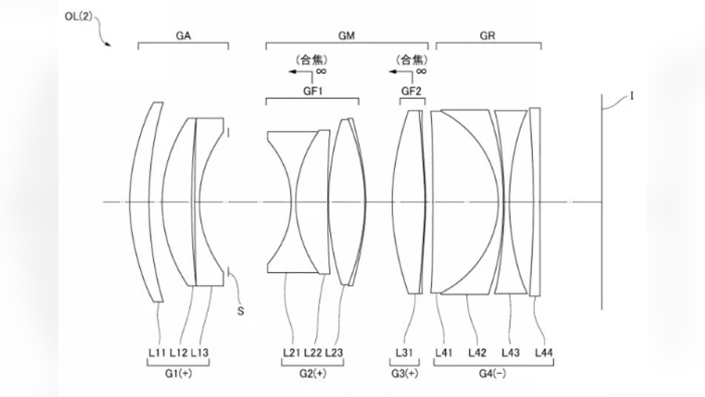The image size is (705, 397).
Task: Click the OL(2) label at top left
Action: coord(78,16)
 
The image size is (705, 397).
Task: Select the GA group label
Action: coord(183,36)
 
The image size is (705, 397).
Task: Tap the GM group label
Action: coord(346,36)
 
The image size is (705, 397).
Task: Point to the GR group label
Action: coord(487,36)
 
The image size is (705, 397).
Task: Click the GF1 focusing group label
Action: coord(313,91)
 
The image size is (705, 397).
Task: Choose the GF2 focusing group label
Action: coord(411,91)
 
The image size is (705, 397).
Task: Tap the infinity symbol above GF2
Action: coord(421,72)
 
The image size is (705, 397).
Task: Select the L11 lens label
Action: coord(157,353)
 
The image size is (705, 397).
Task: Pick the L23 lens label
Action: coord(334,353)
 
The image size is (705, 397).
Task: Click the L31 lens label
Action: coord(404,353)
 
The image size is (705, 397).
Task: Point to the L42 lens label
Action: coord(477,353)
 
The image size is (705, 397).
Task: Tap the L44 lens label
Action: coord(544,353)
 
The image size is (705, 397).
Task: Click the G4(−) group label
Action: coord(492,373)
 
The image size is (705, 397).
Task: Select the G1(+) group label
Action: coord(178,373)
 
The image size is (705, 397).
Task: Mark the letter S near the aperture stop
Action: coord(241,311)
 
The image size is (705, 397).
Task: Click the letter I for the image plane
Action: coord(632,96)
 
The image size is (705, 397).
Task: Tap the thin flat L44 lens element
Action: coord(535,202)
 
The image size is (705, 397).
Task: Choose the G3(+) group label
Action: coord(405,373)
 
